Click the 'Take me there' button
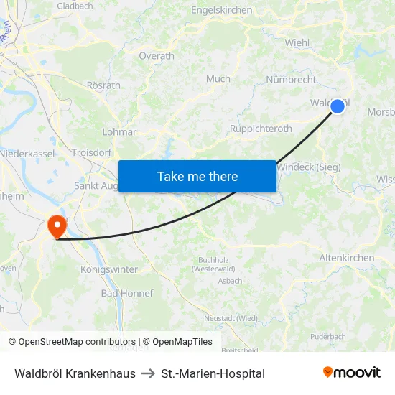pyautogui.click(x=197, y=176)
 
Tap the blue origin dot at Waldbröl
pyautogui.click(x=337, y=106)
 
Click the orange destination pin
pyautogui.click(x=56, y=227)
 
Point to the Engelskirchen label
pyautogui.click(x=221, y=10)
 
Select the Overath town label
pyautogui.click(x=157, y=56)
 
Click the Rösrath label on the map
pyautogui.click(x=103, y=85)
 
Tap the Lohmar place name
pyautogui.click(x=119, y=132)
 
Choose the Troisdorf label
pyautogui.click(x=91, y=153)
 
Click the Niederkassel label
pyautogui.click(x=28, y=154)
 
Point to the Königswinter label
pyautogui.click(x=105, y=270)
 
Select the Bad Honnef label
pyautogui.click(x=127, y=294)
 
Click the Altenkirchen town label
pyautogui.click(x=347, y=258)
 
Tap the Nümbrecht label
pyautogui.click(x=291, y=80)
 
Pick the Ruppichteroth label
pyautogui.click(x=261, y=129)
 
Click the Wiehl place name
pyautogui.click(x=297, y=42)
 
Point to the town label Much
pyautogui.click(x=218, y=79)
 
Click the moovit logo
pyautogui.click(x=352, y=373)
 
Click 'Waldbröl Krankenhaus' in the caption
pyautogui.click(x=75, y=373)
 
